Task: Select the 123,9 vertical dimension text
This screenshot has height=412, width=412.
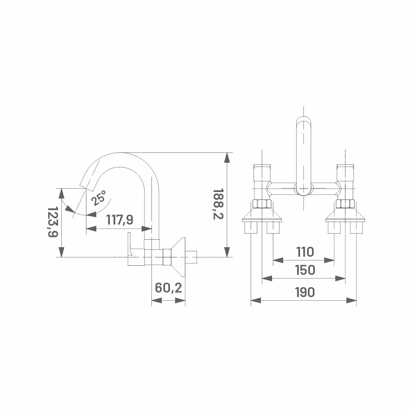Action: coord(53,222)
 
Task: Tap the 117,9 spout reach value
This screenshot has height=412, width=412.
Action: coord(120,220)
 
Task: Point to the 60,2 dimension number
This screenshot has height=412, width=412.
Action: coord(168,288)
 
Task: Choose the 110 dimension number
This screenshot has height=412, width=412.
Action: coord(305,252)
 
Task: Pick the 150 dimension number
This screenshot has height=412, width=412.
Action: coord(305,270)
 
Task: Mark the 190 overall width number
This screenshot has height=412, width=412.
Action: coord(305,292)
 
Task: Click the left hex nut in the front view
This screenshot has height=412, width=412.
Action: coord(262,204)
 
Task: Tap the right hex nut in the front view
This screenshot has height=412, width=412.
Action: coord(345,204)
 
